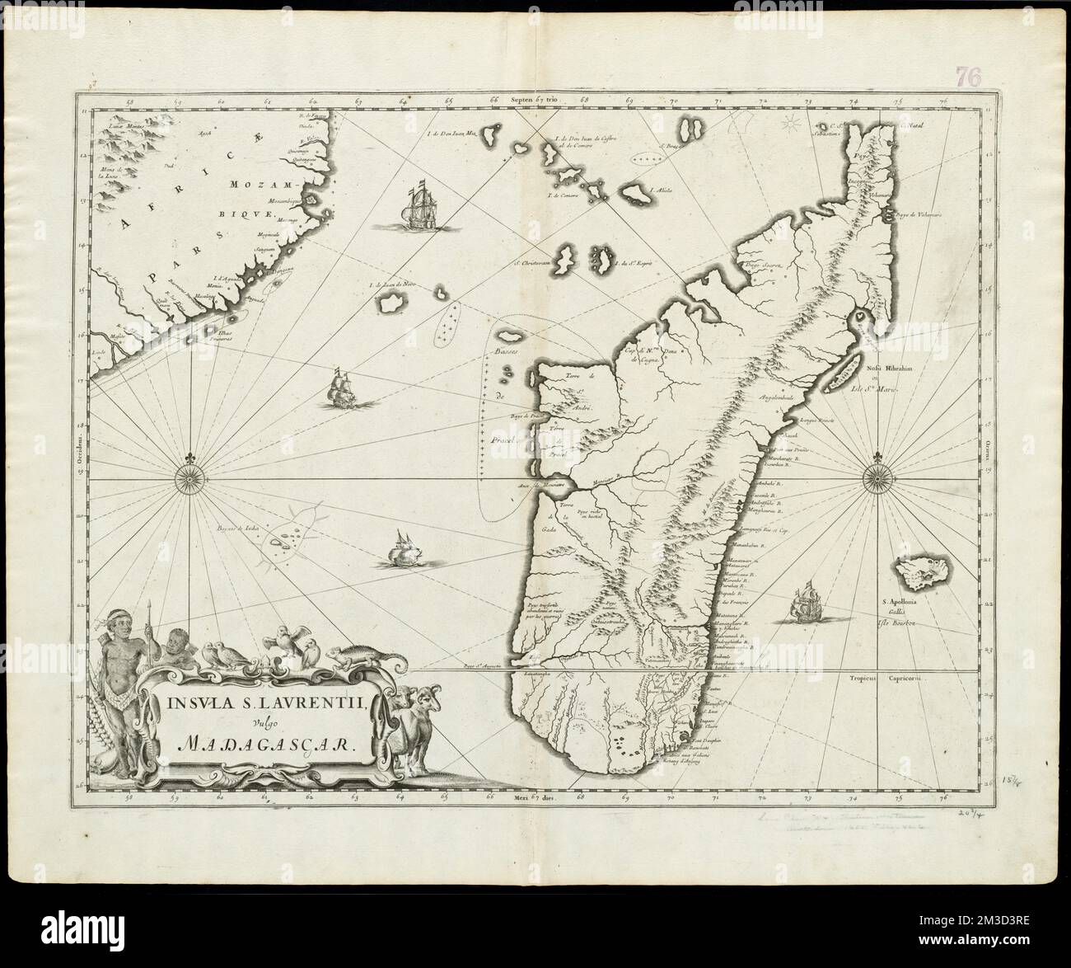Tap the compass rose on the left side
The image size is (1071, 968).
pos(190,477)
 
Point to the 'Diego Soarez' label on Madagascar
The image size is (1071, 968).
pos(763,265)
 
